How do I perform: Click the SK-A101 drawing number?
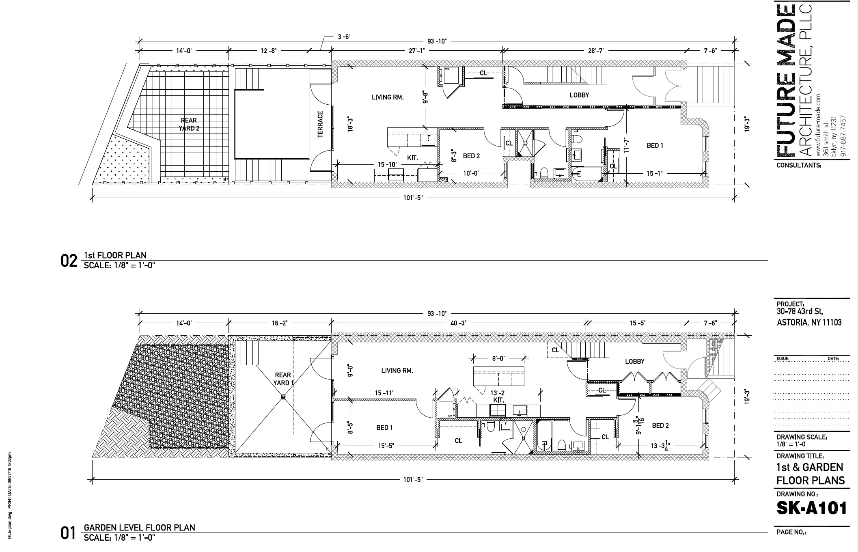tap(811, 509)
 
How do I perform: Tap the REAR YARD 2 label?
tap(189, 124)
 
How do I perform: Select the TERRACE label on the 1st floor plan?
tap(320, 125)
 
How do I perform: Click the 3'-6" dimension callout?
tap(344, 37)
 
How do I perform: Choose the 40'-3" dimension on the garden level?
tap(459, 323)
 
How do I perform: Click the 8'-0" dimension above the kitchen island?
tap(498, 358)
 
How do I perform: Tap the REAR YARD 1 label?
tap(282, 379)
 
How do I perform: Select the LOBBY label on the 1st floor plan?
tap(579, 95)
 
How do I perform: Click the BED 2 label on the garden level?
tap(660, 425)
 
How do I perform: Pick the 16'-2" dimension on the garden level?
tap(279, 323)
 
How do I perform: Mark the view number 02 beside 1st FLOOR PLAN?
tap(69, 261)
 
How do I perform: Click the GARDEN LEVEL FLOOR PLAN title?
tap(139, 528)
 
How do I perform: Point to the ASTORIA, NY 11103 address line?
tap(809, 323)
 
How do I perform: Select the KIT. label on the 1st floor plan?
tap(412, 158)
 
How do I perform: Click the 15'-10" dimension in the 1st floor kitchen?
tap(387, 164)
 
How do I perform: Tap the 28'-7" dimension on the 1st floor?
tap(595, 51)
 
